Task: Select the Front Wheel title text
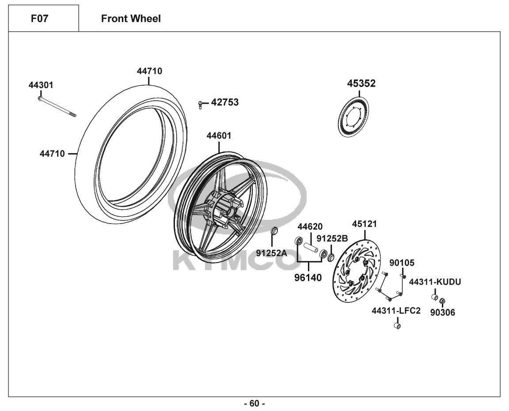click(x=131, y=19)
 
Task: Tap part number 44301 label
click(x=41, y=85)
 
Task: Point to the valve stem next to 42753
click(x=201, y=105)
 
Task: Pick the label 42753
click(x=224, y=102)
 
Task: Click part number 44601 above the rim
click(x=219, y=136)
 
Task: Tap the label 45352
click(x=361, y=83)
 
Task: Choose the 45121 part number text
click(x=364, y=224)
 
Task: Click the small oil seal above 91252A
click(x=274, y=231)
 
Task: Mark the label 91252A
click(x=271, y=253)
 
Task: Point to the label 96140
click(x=308, y=278)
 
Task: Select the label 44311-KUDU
click(x=435, y=282)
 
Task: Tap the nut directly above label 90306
click(x=442, y=302)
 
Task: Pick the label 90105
click(x=402, y=263)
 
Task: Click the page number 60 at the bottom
click(x=254, y=403)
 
